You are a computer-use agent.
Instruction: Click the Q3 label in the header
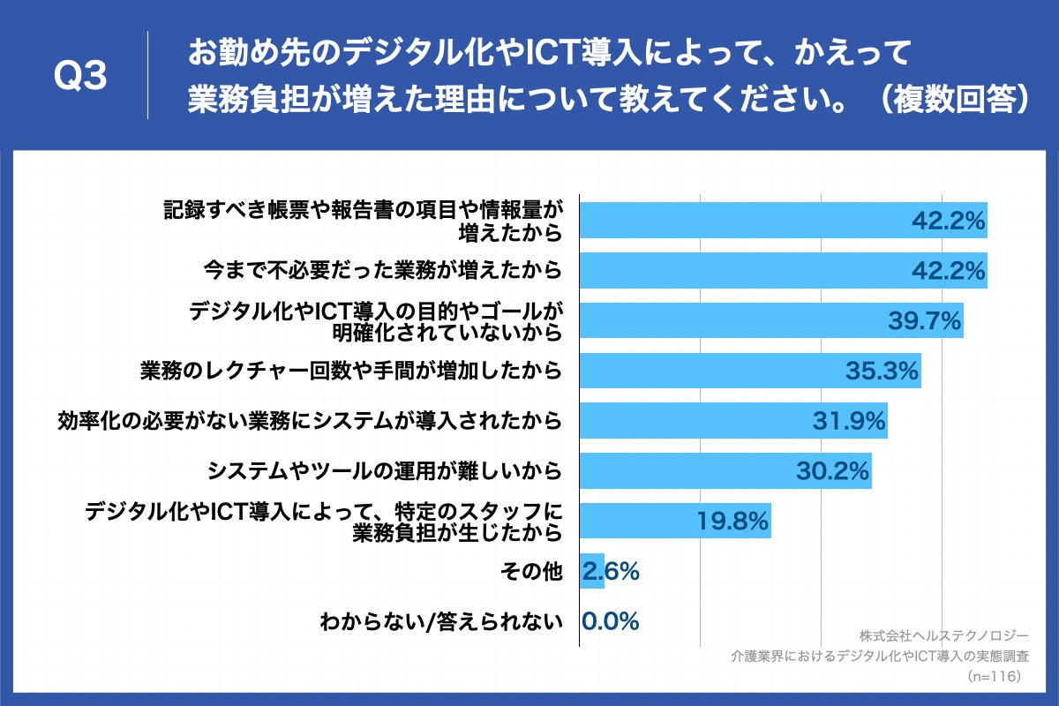click(80, 76)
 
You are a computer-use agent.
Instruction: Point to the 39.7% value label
click(923, 321)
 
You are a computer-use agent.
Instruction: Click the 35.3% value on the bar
click(882, 371)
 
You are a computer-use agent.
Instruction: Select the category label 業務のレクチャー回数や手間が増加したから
click(351, 371)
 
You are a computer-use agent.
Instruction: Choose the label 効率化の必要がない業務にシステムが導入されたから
click(310, 421)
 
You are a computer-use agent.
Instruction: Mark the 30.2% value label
click(832, 472)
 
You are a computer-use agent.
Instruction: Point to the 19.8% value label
click(732, 522)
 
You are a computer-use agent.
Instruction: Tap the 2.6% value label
click(610, 572)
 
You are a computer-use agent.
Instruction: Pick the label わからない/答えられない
click(441, 622)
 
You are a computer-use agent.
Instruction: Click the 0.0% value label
click(610, 622)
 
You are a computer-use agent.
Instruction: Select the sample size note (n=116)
click(995, 676)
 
